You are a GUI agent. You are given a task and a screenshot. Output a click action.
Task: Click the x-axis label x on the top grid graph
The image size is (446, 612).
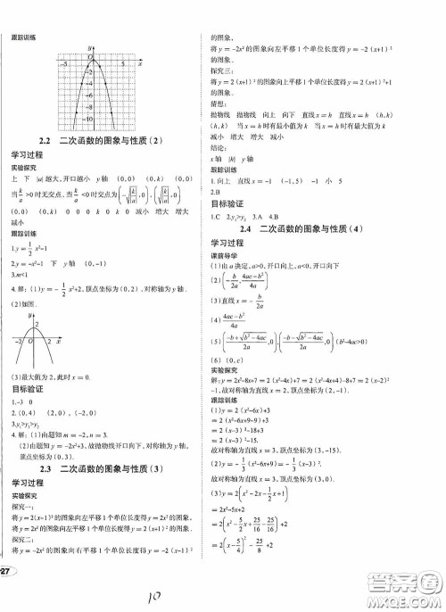pos(141,64)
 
